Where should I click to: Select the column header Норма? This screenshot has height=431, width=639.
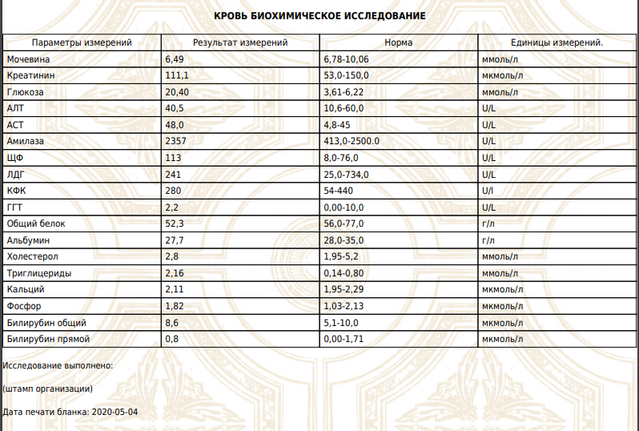(399, 42)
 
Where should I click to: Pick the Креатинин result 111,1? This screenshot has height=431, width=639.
(177, 76)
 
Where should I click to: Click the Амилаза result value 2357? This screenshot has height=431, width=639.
(176, 142)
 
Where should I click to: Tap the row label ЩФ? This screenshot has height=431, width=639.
(14, 158)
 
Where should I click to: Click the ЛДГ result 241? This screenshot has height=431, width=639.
(173, 175)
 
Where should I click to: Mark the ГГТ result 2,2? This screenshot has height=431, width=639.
(171, 207)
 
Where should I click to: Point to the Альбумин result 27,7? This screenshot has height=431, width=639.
(174, 240)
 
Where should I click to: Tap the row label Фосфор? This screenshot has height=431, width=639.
(23, 306)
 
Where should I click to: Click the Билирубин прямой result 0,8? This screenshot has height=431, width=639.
(171, 339)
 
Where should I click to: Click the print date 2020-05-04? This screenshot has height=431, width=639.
(115, 412)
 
